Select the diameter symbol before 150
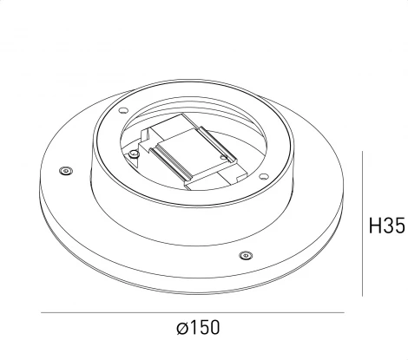pos(181,328)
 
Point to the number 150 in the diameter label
pos(204,328)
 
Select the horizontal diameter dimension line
pos(191,313)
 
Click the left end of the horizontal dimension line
pos(39,313)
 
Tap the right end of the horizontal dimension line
pos(344,313)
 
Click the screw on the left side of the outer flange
pos(64,171)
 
